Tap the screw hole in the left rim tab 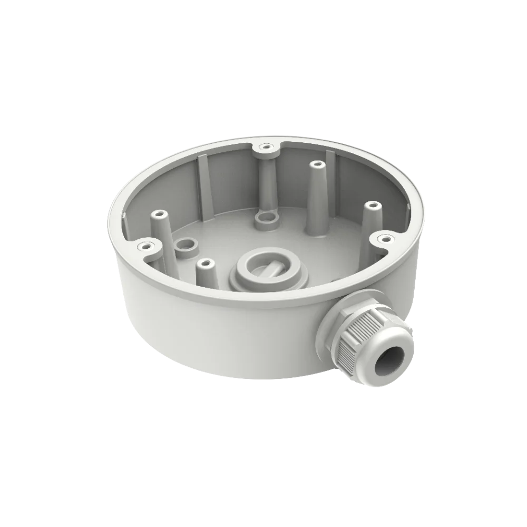tap(142, 246)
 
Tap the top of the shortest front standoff tap(205, 261)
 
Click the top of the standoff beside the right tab tap(372, 204)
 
